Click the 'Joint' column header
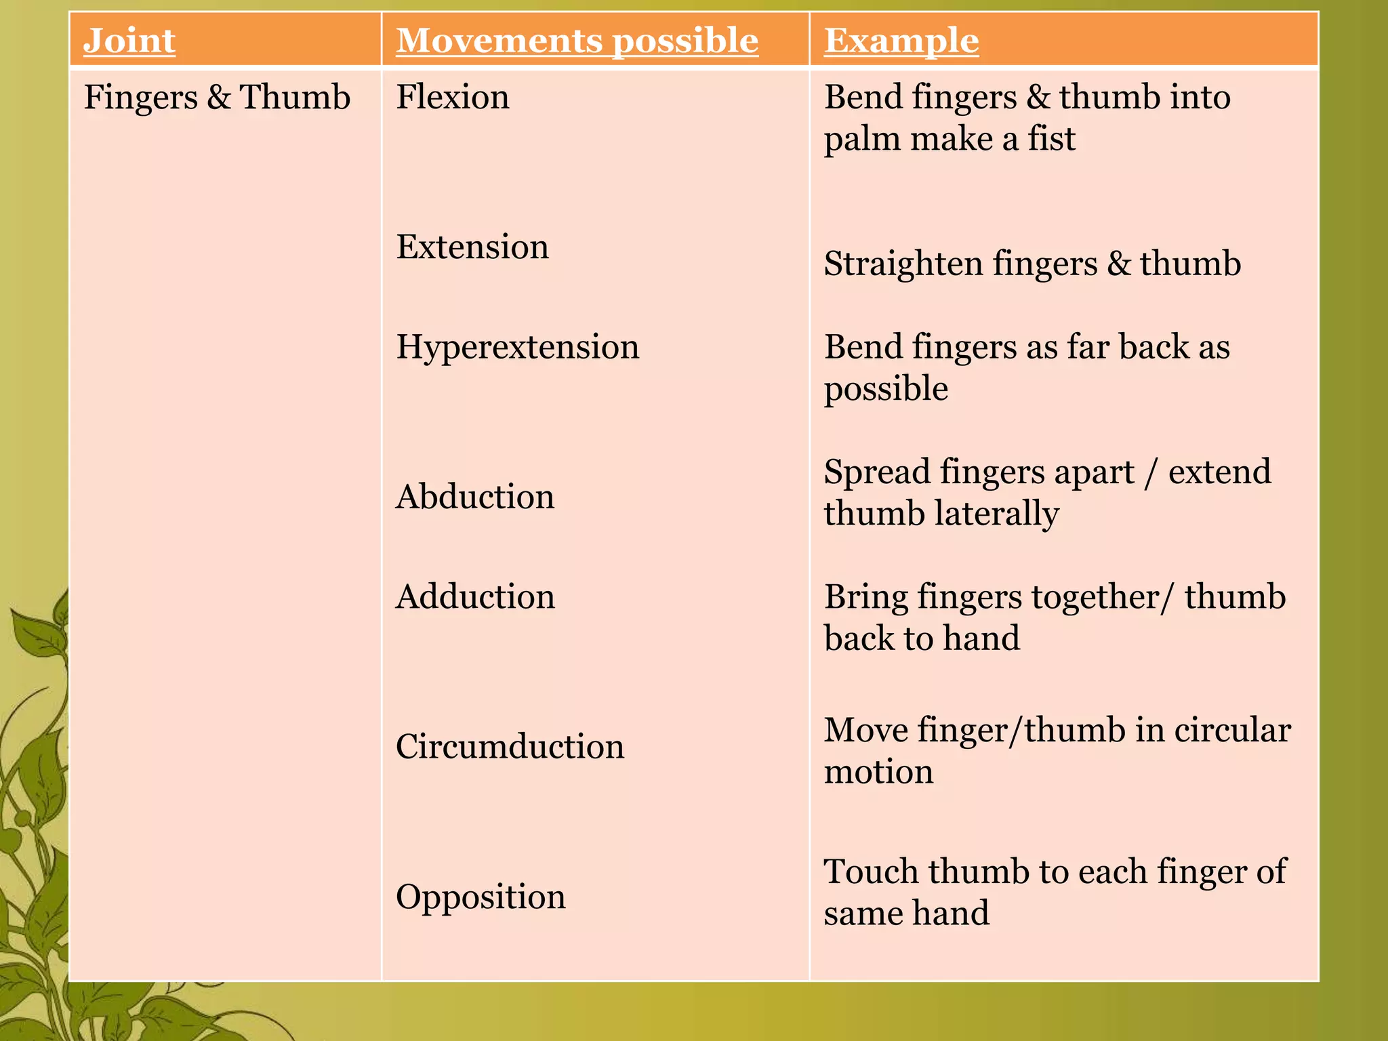(x=129, y=41)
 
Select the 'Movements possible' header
(x=577, y=41)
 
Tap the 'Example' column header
(x=901, y=41)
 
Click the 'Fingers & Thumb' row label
(x=217, y=97)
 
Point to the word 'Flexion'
(x=453, y=97)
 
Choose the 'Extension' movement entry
(x=472, y=247)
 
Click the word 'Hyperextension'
(x=518, y=347)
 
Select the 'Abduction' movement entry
(x=475, y=497)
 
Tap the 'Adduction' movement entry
(x=475, y=597)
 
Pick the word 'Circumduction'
(x=510, y=747)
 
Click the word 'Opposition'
(x=481, y=897)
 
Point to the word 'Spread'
(x=877, y=472)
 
